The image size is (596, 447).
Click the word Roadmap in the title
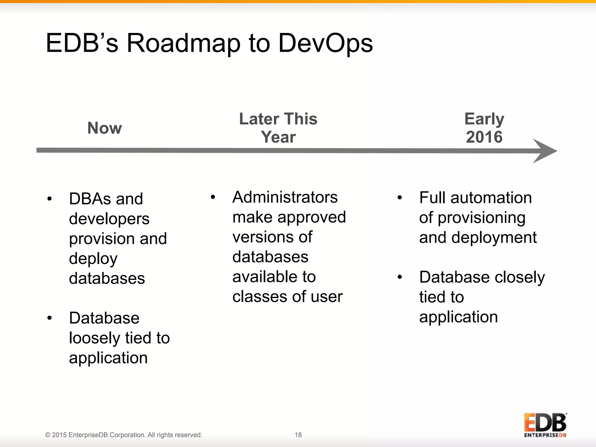tap(183, 44)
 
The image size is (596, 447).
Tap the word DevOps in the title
tap(325, 44)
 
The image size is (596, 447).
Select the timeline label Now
tap(104, 128)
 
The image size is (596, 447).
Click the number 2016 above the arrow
tap(484, 137)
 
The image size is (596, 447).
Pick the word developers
tap(109, 219)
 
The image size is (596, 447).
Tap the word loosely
tap(94, 338)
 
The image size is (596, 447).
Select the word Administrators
tap(285, 197)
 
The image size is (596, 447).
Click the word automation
tap(491, 198)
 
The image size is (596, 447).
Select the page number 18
tap(298, 435)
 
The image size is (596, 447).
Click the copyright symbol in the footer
tap(47, 435)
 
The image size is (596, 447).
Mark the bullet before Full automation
tap(400, 198)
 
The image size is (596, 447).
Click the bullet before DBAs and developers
tap(49, 199)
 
